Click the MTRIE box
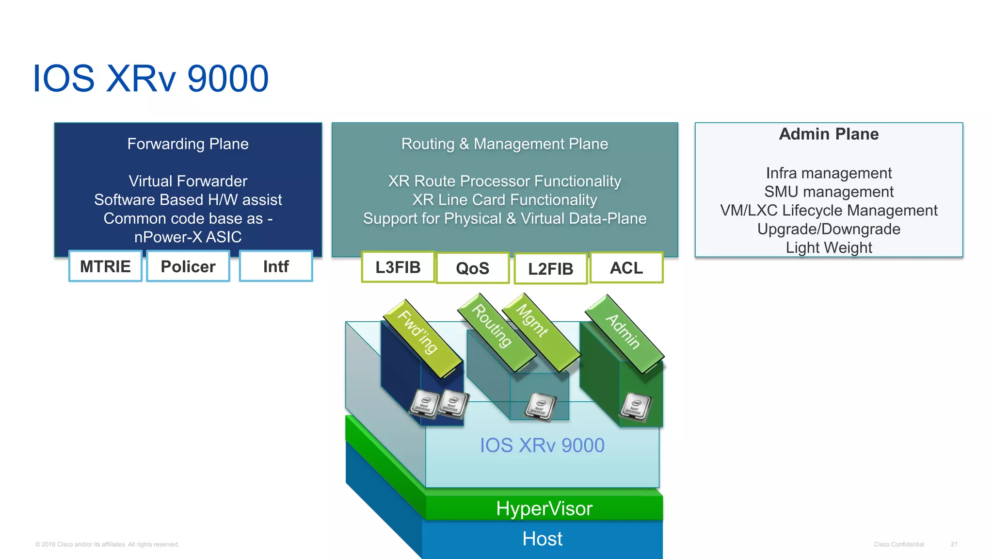[x=105, y=266]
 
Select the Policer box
[x=188, y=266]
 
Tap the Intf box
[x=276, y=266]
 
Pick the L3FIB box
[x=398, y=267]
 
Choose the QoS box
[x=473, y=268]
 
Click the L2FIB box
[x=550, y=269]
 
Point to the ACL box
[x=626, y=268]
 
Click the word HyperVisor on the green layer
[x=544, y=509]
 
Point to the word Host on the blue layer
[x=542, y=539]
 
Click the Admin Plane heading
[x=829, y=134]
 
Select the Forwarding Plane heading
[x=188, y=144]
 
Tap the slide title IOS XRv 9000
[x=150, y=79]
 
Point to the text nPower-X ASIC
[x=188, y=237]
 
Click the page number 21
[x=954, y=544]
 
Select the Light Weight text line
[x=829, y=247]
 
